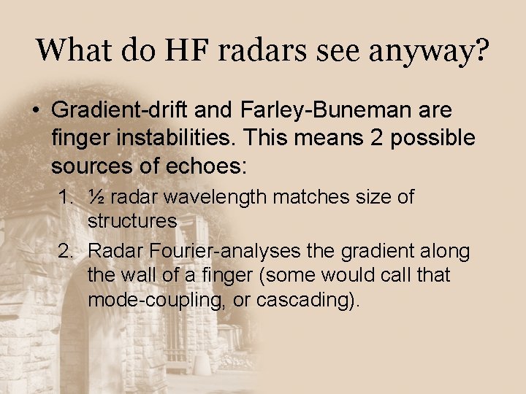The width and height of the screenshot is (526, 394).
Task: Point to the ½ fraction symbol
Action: pos(96,197)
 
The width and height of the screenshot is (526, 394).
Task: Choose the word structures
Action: pos(132,220)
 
